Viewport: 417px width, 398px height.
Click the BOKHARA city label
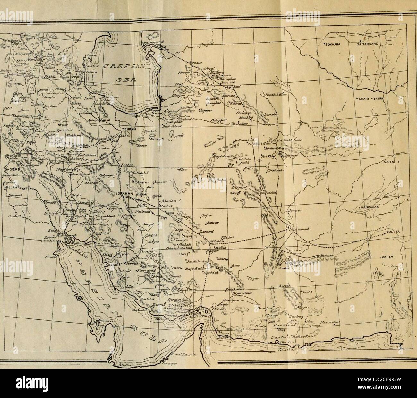332,45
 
